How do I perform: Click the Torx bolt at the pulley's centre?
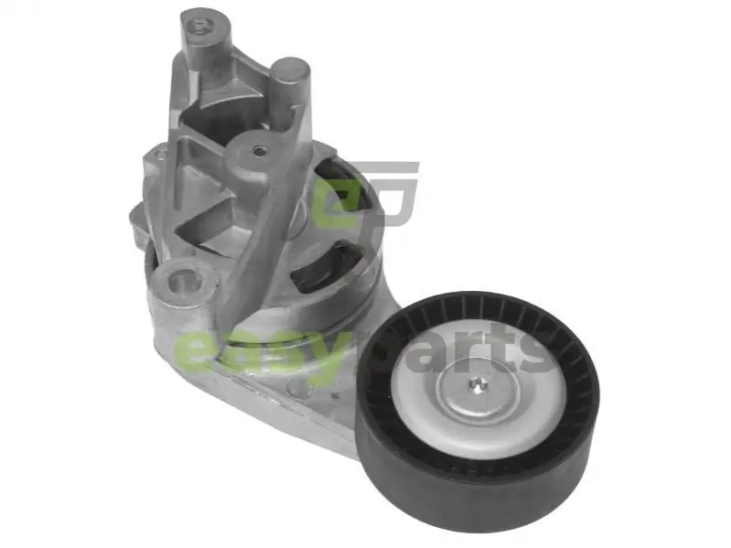pos(477,384)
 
